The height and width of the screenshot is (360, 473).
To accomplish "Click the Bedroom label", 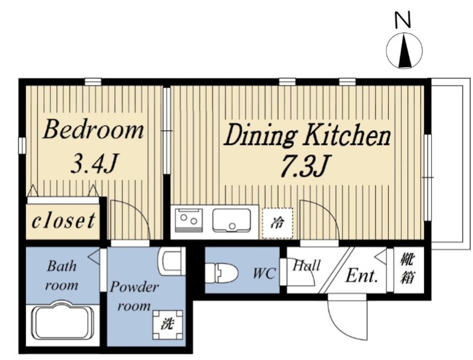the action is [x=93, y=130].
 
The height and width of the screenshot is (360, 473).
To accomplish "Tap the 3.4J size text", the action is [x=94, y=163].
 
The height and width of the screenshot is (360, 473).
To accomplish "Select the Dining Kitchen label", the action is [x=307, y=136].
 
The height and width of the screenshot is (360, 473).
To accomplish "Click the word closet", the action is [x=64, y=221].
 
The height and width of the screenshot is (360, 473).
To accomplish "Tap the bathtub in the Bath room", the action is [x=63, y=321].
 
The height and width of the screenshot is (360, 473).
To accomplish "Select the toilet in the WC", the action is [x=221, y=273].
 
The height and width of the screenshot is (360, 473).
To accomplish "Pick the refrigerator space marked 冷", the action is [x=277, y=223].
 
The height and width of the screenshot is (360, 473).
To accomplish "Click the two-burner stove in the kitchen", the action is [x=189, y=220].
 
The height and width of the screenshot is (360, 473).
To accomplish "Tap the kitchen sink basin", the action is [x=231, y=220].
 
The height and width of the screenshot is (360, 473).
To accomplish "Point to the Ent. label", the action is [x=362, y=275].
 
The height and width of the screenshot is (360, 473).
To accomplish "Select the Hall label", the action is [x=306, y=266].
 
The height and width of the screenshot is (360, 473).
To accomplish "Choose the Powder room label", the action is [x=134, y=296].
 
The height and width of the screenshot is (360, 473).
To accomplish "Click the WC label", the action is [x=264, y=274].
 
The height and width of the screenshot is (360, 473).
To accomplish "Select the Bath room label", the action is [x=62, y=276].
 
